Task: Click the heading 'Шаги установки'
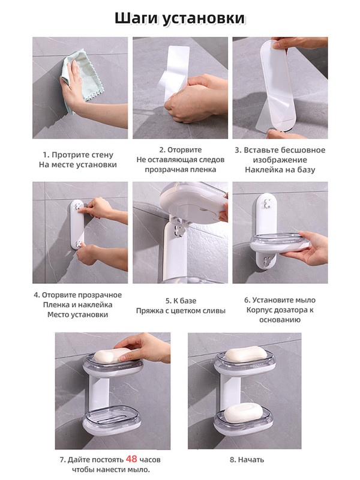[x=180, y=19]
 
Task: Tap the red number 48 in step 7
[x=131, y=459]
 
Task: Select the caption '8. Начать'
[x=247, y=460]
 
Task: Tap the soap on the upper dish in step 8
[x=246, y=354]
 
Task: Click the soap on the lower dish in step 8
[x=243, y=412]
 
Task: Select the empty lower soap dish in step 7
[x=112, y=419]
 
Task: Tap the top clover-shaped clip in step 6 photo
[x=268, y=203]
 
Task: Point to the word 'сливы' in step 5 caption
[x=215, y=311]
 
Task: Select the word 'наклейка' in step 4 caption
[x=98, y=305]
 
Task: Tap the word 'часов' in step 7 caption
[x=150, y=460]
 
